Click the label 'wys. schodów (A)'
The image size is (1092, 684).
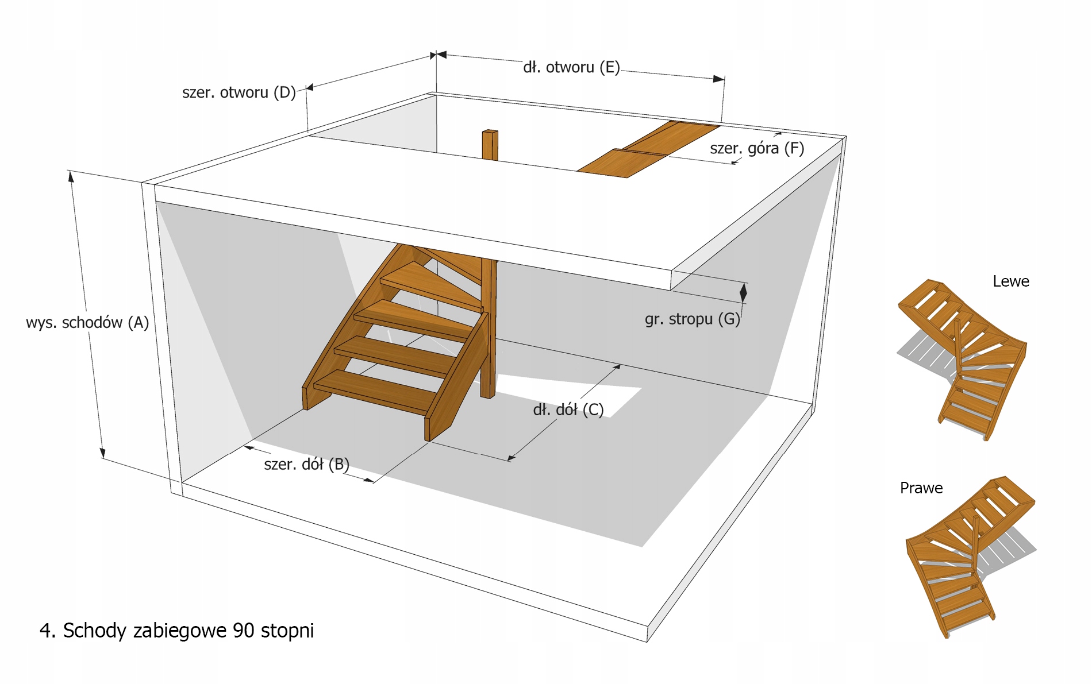(87, 323)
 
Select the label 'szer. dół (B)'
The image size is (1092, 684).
(306, 464)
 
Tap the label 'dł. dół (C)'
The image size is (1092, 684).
(568, 409)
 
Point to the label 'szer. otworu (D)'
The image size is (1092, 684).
(239, 92)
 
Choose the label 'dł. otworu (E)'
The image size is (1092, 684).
(571, 68)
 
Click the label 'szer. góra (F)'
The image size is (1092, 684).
(756, 148)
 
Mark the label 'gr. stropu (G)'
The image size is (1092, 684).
(692, 319)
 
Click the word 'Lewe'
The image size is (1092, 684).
(1010, 281)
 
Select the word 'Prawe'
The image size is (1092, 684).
(921, 488)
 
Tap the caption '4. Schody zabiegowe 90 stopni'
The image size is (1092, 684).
(176, 631)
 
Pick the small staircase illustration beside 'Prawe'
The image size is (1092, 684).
(968, 554)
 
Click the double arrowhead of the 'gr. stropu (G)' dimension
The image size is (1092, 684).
(743, 292)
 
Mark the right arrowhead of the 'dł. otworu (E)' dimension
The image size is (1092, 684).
(718, 79)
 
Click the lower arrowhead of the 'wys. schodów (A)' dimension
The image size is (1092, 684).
(103, 453)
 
